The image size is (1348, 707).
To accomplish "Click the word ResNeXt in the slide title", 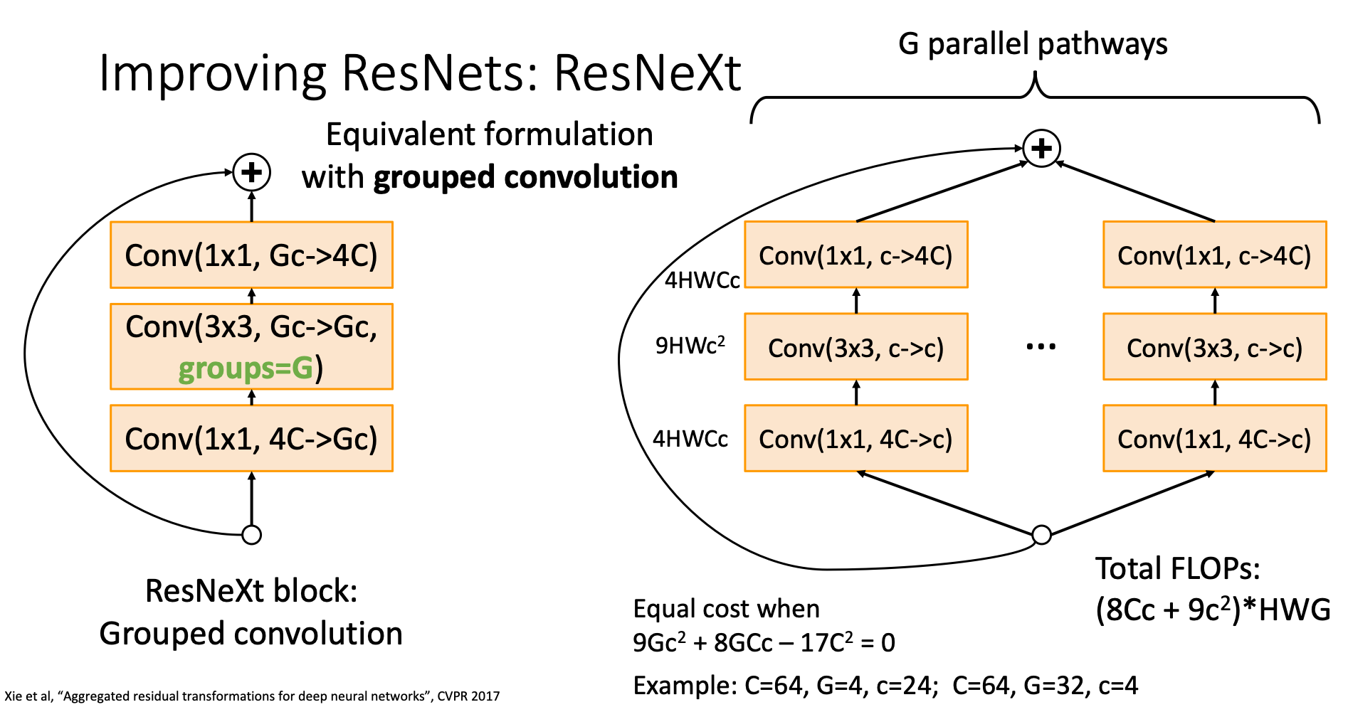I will [x=647, y=73].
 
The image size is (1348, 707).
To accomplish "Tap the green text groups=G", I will [x=246, y=368].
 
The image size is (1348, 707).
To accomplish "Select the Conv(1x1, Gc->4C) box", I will [x=251, y=255].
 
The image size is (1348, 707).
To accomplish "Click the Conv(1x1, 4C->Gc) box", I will [x=251, y=439].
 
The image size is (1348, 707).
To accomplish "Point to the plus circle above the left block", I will [x=252, y=173].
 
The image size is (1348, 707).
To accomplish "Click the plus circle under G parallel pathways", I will [x=1041, y=149].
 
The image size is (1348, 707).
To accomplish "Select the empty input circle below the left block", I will [x=252, y=535].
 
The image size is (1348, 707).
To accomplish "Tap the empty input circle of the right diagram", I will [x=1041, y=535].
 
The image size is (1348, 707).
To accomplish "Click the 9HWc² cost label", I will [x=690, y=346].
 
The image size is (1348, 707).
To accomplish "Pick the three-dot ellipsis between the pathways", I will [x=1041, y=347].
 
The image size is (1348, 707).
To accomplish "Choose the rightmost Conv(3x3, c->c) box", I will [x=1214, y=347].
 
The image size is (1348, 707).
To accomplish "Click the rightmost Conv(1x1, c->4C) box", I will [x=1214, y=255].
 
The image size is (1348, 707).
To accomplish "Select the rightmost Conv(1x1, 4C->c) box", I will [x=1214, y=439].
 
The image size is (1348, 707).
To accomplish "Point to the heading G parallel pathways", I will [x=1033, y=44].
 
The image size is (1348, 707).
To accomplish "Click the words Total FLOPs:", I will [x=1177, y=569].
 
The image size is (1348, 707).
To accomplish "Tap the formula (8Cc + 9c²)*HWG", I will [x=1212, y=610].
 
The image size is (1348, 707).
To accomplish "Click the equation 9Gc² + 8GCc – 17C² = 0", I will [x=764, y=643].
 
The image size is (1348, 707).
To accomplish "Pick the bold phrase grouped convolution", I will [x=525, y=177].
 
